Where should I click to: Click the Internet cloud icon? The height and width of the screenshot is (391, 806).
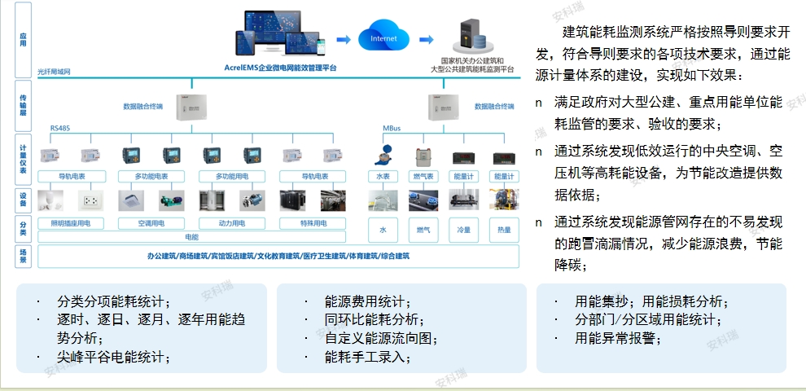(384, 38)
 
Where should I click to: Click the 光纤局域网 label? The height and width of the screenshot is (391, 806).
(54, 72)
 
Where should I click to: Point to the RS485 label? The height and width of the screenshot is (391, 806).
(60, 128)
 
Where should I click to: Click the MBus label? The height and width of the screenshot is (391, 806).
(392, 128)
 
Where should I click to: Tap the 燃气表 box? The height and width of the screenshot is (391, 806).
(423, 176)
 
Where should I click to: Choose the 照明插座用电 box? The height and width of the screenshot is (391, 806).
(77, 222)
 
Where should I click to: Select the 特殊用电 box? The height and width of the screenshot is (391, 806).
(313, 222)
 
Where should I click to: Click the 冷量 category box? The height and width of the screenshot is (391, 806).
(463, 230)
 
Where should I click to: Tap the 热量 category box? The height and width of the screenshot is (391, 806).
(504, 230)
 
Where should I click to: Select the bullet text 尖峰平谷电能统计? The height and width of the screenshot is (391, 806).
(113, 357)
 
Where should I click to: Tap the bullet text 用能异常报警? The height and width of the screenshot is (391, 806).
(618, 337)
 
